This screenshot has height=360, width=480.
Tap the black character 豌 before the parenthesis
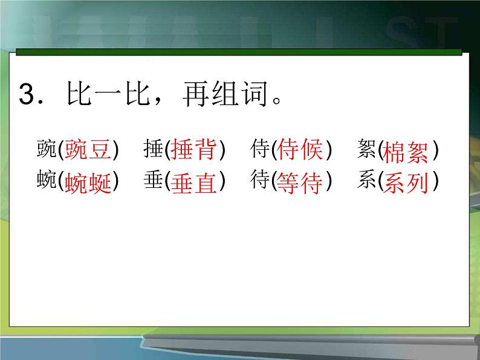pyautogui.click(x=46, y=149)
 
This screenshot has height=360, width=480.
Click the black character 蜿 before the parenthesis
pyautogui.click(x=46, y=181)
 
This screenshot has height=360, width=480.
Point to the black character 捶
pyautogui.click(x=154, y=149)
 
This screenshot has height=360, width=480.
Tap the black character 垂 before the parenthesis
pyautogui.click(x=154, y=181)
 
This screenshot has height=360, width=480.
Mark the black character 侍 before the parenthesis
pyautogui.click(x=260, y=149)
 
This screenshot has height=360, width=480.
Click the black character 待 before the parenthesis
pyautogui.click(x=260, y=181)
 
